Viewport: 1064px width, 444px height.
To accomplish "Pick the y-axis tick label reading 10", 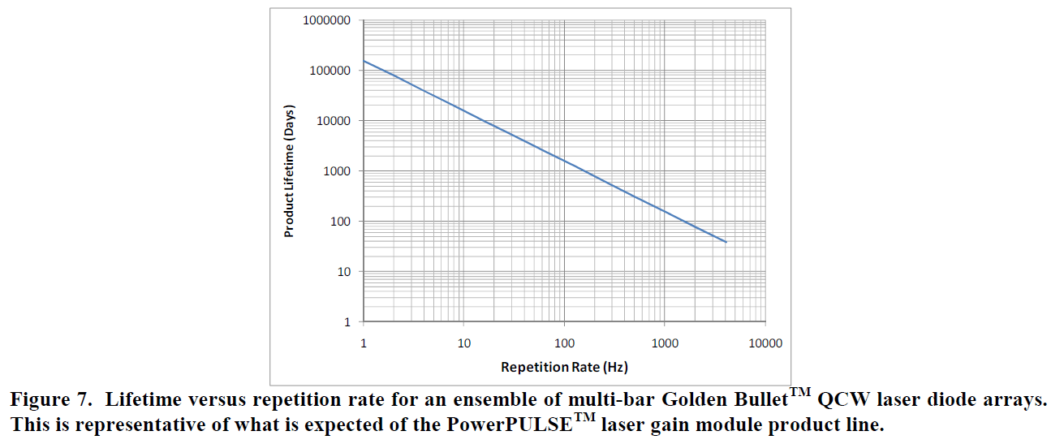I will click(341, 272).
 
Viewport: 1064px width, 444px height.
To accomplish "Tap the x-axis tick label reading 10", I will click(464, 343).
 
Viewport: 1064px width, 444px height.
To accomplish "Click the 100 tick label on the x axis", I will click(564, 343).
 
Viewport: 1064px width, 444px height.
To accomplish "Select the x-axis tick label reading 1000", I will click(665, 343).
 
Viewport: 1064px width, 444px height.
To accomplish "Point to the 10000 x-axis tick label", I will click(765, 343).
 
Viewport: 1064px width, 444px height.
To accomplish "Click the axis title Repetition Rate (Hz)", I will click(564, 367).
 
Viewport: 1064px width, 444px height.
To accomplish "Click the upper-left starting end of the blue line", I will click(364, 62).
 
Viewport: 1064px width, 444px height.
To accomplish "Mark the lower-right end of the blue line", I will click(726, 242).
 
